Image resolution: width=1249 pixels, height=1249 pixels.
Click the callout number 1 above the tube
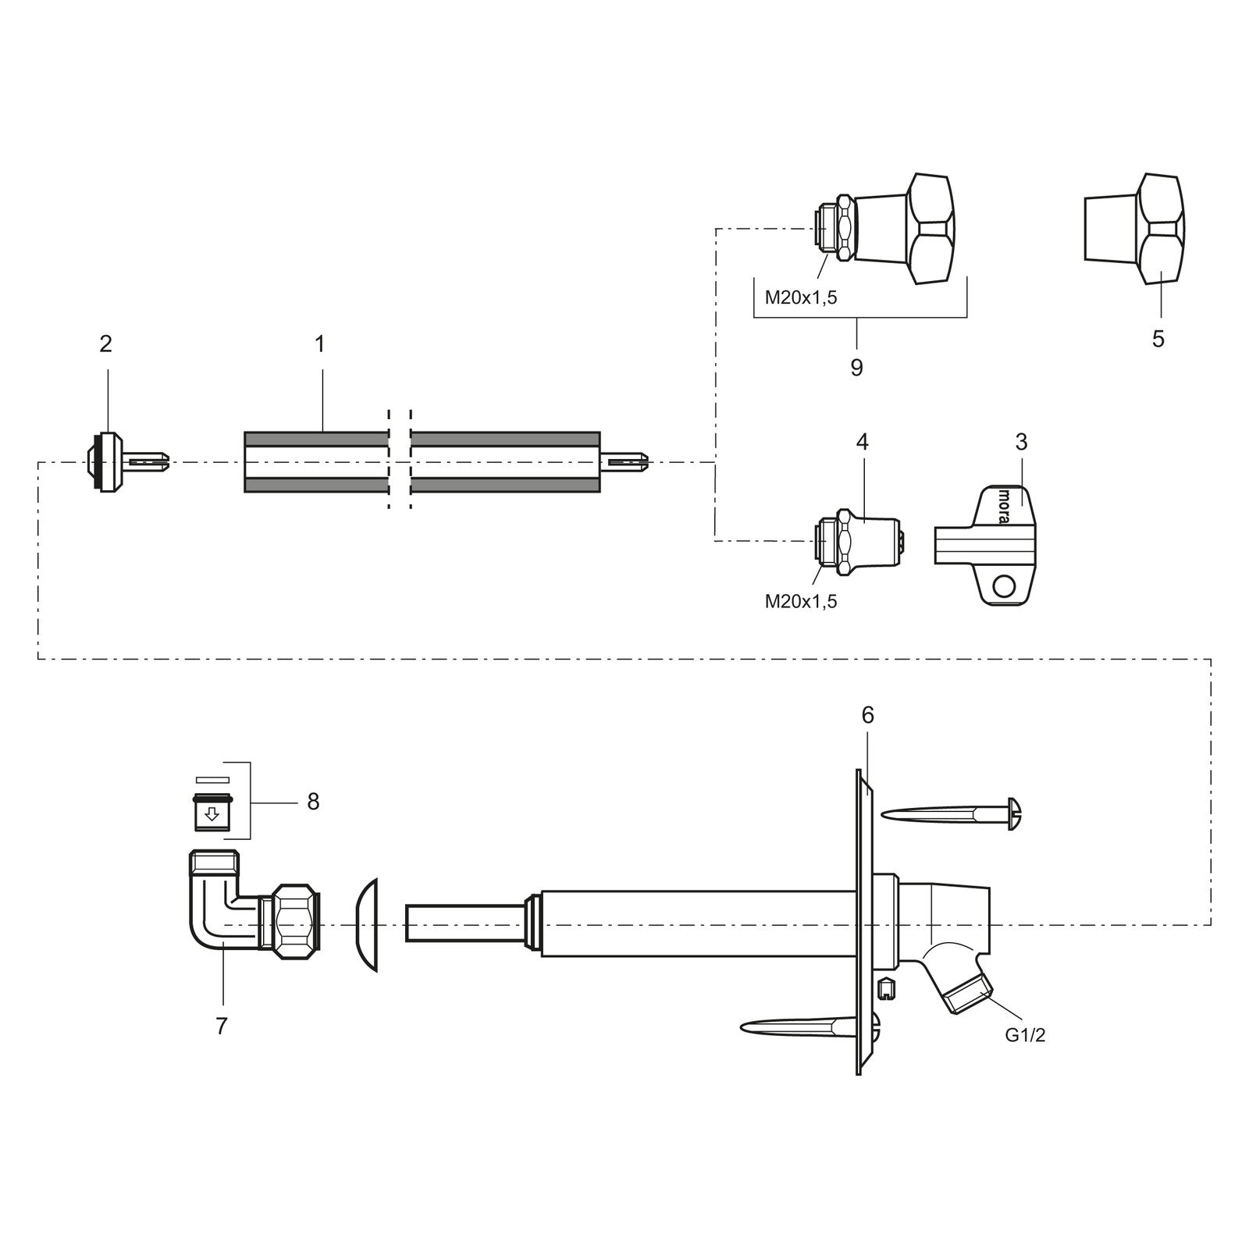[319, 343]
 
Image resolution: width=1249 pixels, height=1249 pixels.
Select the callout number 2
[106, 343]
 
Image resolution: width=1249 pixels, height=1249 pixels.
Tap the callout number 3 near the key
[1021, 442]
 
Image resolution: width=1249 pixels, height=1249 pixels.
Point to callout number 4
[862, 442]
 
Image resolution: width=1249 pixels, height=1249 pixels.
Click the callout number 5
[1158, 339]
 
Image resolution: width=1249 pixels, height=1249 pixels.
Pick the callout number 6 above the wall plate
[868, 715]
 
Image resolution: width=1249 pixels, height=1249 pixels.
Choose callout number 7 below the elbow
[222, 1027]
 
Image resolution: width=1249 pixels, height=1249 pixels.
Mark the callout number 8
[313, 802]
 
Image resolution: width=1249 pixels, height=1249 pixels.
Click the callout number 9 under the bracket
[856, 368]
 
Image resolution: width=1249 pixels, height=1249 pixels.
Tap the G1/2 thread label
[1025, 1036]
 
